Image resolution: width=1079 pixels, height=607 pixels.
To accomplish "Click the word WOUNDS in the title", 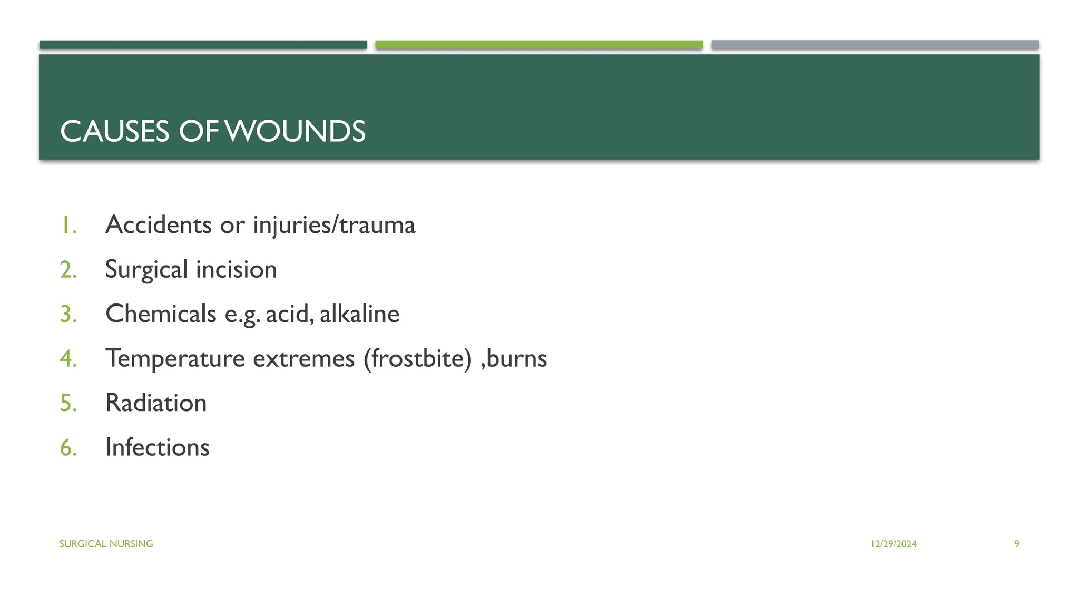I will (x=296, y=131).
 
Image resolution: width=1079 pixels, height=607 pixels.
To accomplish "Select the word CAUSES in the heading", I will (x=114, y=131).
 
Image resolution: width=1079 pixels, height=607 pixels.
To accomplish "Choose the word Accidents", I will (x=158, y=225).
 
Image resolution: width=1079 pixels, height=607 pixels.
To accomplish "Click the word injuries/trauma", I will (x=334, y=225).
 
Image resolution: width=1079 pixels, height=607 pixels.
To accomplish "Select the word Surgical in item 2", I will (x=146, y=270).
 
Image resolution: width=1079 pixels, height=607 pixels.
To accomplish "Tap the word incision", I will (x=236, y=270).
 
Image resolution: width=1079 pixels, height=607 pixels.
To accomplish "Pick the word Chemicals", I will (x=161, y=314).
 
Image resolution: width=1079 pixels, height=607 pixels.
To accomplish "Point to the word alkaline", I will (x=359, y=314).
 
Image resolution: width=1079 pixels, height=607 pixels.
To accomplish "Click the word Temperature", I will (x=175, y=358).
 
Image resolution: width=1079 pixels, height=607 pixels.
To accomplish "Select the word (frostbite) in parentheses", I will (x=417, y=358).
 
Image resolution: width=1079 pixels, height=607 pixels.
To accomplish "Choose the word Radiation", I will (x=156, y=403).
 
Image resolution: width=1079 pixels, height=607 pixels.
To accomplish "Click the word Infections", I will (x=157, y=447).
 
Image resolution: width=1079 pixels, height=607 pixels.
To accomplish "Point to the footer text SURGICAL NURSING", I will (x=106, y=544).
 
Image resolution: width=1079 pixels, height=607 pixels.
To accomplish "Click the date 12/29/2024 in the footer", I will (x=894, y=544).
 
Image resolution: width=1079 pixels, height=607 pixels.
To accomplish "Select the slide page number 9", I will (x=1016, y=544).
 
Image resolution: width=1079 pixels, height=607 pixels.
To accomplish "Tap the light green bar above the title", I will (x=539, y=45).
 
